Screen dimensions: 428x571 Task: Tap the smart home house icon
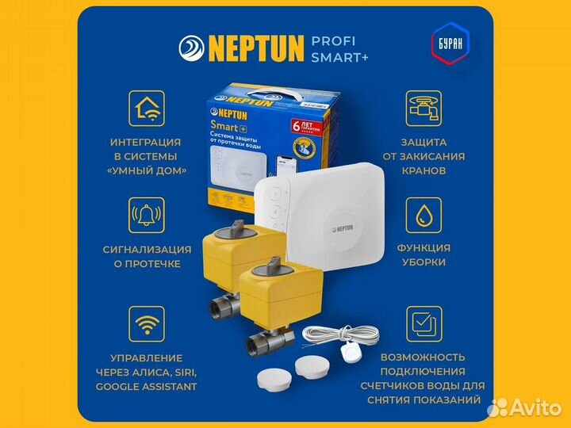[146, 109]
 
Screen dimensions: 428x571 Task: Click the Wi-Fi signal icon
[146, 324]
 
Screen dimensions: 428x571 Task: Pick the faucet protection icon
[423, 109]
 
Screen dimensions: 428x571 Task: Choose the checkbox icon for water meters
[423, 324]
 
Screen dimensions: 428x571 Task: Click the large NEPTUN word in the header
[256, 48]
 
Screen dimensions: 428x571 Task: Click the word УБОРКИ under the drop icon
[423, 262]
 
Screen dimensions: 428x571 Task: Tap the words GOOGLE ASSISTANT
[147, 387]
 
